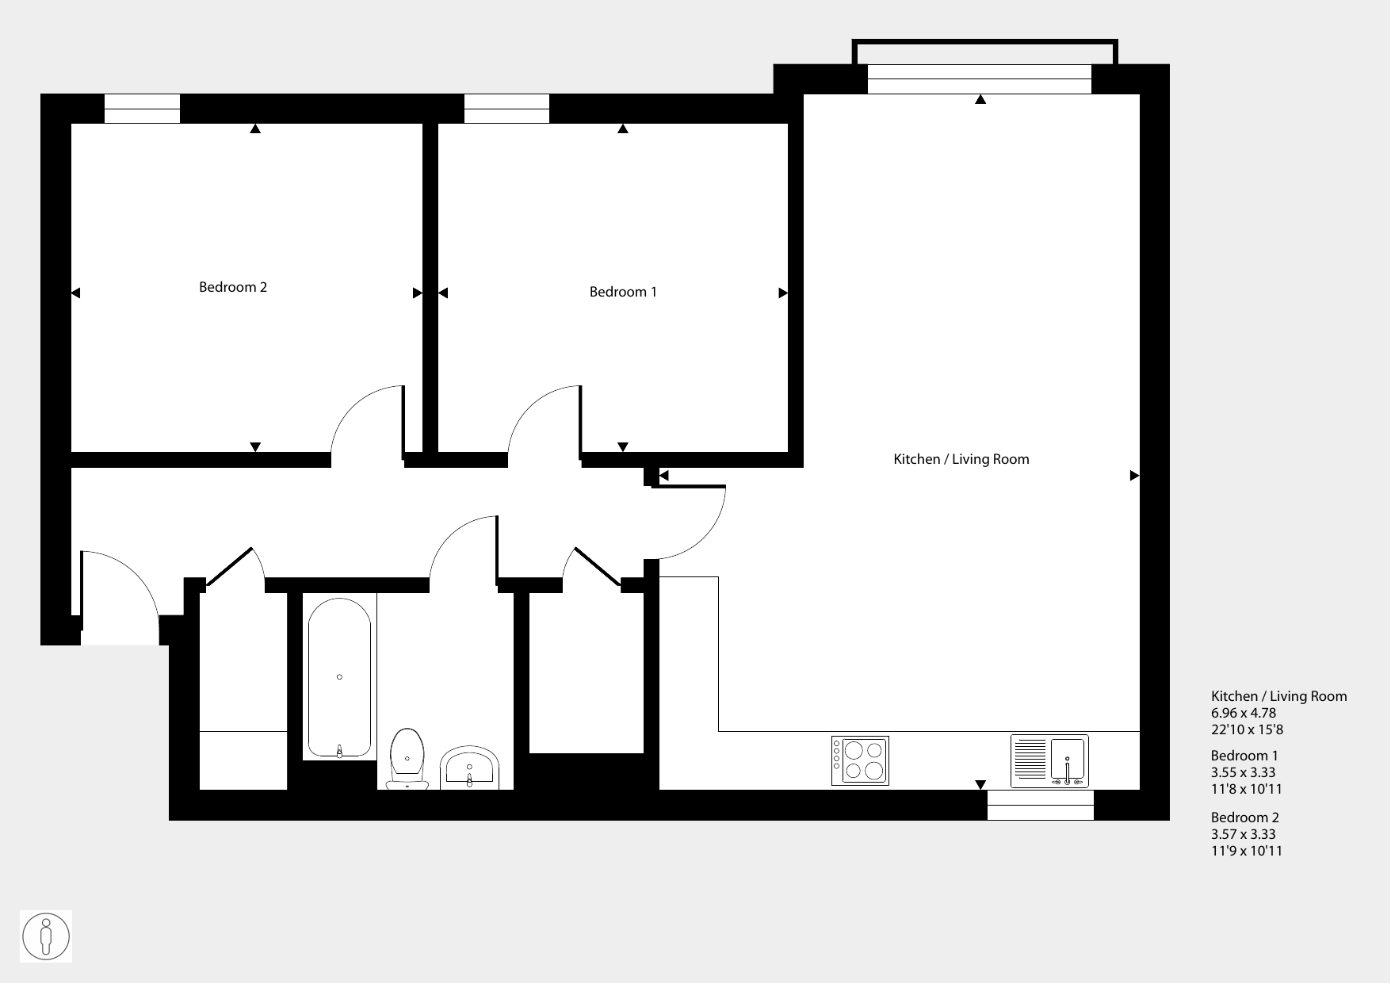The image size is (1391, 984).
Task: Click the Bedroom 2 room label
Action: pyautogui.click(x=233, y=287)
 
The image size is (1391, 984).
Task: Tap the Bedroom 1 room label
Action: pyautogui.click(x=623, y=292)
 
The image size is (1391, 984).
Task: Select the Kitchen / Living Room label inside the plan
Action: pyautogui.click(x=961, y=459)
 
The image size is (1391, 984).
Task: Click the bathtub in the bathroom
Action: pyautogui.click(x=339, y=678)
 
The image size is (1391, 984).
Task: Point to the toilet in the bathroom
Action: pyautogui.click(x=407, y=760)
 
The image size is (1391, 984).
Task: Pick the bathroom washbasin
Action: pyautogui.click(x=469, y=768)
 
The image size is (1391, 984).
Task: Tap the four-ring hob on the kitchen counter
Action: pyautogui.click(x=860, y=760)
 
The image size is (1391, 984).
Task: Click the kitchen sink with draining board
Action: pyautogui.click(x=1049, y=760)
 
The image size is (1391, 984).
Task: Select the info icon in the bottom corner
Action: pyautogui.click(x=46, y=936)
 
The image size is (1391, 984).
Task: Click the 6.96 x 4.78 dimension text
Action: pyautogui.click(x=1244, y=713)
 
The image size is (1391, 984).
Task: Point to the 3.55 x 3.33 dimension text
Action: pyautogui.click(x=1244, y=772)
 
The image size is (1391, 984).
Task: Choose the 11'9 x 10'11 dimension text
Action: pyautogui.click(x=1247, y=851)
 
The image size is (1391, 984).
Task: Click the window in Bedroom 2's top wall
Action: pyautogui.click(x=143, y=109)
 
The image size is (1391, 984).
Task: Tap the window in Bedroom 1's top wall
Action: pyautogui.click(x=506, y=109)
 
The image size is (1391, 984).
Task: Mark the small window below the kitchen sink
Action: pyautogui.click(x=1041, y=805)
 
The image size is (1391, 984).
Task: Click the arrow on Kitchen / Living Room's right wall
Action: pyautogui.click(x=1134, y=476)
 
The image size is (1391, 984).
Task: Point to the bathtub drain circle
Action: pyautogui.click(x=339, y=677)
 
